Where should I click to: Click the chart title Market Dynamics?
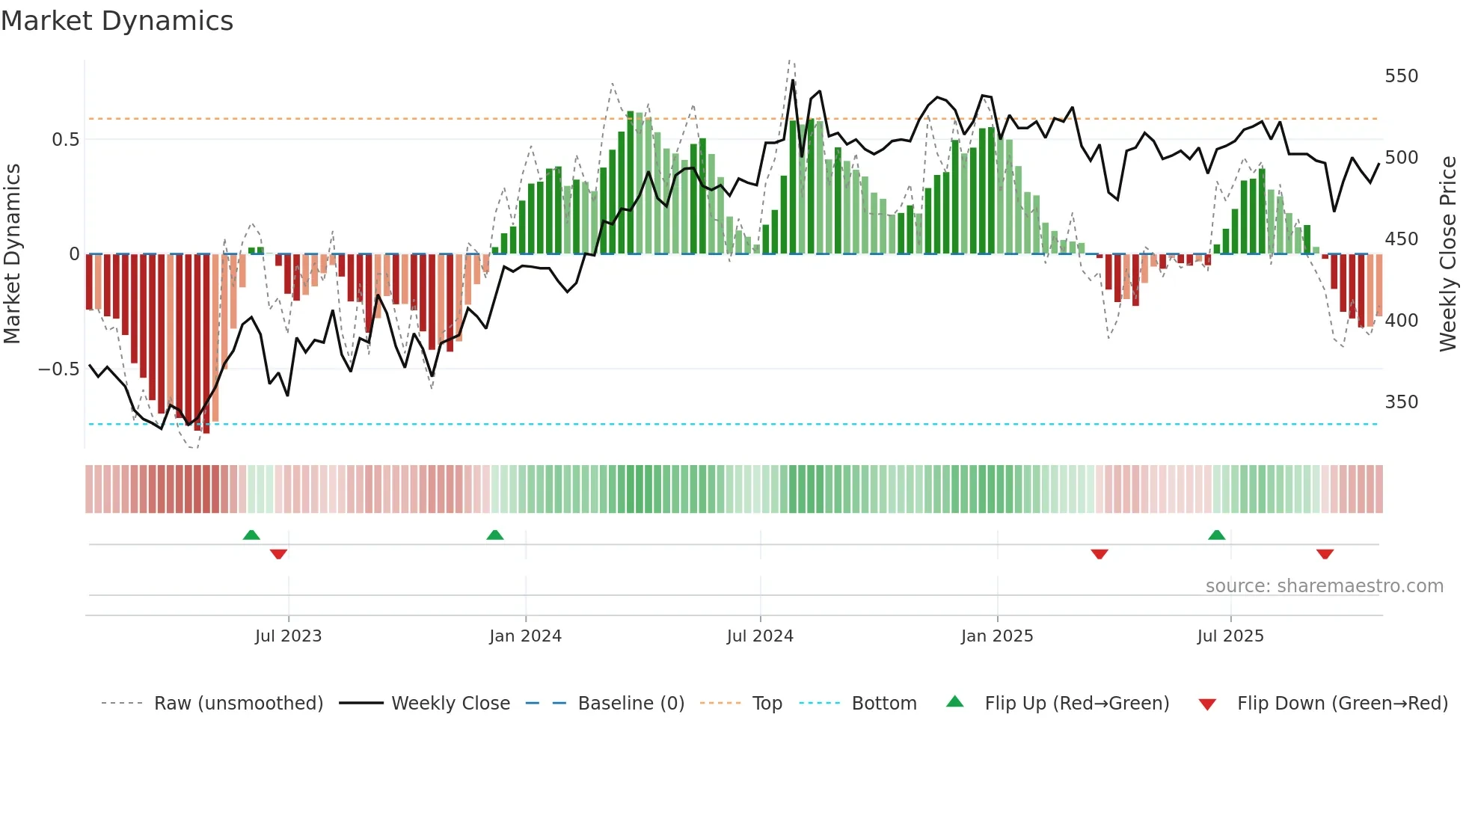(117, 21)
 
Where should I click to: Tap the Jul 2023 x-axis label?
(288, 636)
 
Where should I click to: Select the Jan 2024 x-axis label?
(525, 636)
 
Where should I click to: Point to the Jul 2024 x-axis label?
(760, 636)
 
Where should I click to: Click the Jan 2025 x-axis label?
(997, 636)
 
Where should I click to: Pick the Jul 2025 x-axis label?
(1230, 636)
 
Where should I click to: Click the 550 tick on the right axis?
(1401, 76)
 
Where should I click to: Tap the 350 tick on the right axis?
(1401, 402)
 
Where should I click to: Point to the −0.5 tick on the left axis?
(59, 369)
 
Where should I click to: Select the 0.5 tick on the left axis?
(65, 140)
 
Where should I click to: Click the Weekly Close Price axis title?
(1448, 254)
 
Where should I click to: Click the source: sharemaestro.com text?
(1324, 586)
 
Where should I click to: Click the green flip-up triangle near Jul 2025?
(1217, 535)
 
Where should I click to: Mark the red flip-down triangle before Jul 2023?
(278, 554)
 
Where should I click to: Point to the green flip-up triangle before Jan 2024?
(495, 535)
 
